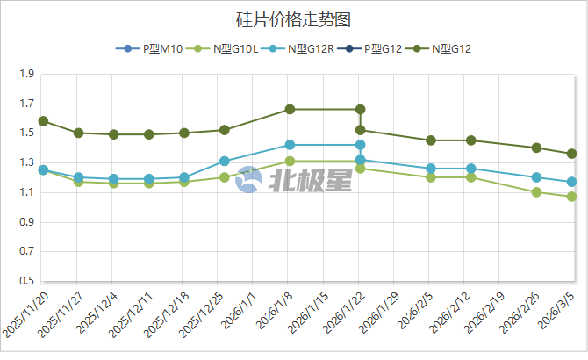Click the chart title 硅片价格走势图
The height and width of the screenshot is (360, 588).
293,18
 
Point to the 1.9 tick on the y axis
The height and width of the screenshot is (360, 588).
25,75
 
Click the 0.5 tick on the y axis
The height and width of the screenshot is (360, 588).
25,282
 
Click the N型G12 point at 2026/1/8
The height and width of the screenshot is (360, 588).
290,110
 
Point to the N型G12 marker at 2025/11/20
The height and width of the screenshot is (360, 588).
43,121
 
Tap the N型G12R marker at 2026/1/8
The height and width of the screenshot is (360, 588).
290,145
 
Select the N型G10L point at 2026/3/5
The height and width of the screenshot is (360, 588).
571,197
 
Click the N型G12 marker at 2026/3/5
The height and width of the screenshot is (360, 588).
571,154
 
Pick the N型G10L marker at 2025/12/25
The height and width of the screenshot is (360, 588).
225,177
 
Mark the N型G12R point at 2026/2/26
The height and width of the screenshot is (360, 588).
536,177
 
